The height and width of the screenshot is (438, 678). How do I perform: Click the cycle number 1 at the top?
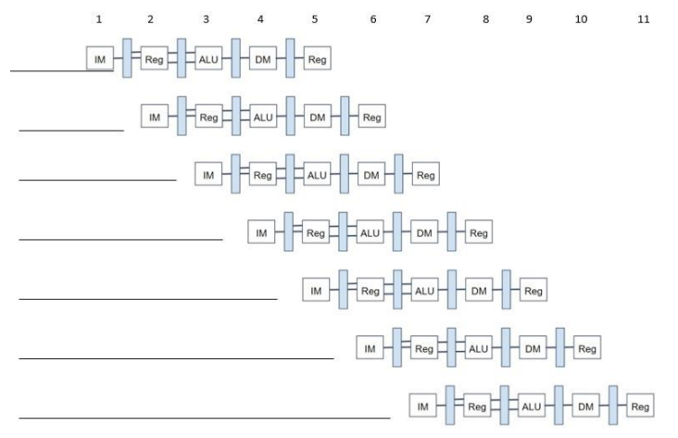pyautogui.click(x=98, y=19)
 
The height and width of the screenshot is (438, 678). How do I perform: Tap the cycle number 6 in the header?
pyautogui.click(x=373, y=19)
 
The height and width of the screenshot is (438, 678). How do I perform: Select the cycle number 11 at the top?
pyautogui.click(x=644, y=19)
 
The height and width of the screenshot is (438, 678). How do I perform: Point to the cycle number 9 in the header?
pyautogui.click(x=529, y=19)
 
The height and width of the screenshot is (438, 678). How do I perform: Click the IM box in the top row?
pyautogui.click(x=99, y=58)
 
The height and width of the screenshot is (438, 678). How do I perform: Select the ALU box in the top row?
pyautogui.click(x=208, y=58)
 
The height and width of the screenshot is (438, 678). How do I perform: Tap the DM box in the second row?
pyautogui.click(x=318, y=117)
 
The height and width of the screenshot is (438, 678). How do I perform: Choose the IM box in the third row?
pyautogui.click(x=208, y=175)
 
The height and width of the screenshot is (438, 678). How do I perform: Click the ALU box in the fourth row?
pyautogui.click(x=370, y=233)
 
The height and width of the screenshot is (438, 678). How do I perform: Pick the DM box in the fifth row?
pyautogui.click(x=479, y=291)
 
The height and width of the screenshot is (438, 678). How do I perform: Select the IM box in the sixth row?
pyautogui.click(x=370, y=349)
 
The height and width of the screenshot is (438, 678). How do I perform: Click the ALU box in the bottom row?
pyautogui.click(x=532, y=407)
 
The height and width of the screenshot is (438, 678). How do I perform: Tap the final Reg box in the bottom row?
pyautogui.click(x=640, y=407)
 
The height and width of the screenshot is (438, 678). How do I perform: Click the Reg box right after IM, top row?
pyautogui.click(x=154, y=58)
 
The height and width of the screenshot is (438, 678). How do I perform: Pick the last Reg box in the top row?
pyautogui.click(x=318, y=58)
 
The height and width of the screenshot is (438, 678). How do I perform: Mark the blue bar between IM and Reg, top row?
pyautogui.click(x=127, y=57)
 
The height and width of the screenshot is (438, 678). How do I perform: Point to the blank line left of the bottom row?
pyautogui.click(x=204, y=418)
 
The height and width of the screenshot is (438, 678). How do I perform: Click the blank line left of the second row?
pyautogui.click(x=70, y=131)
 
